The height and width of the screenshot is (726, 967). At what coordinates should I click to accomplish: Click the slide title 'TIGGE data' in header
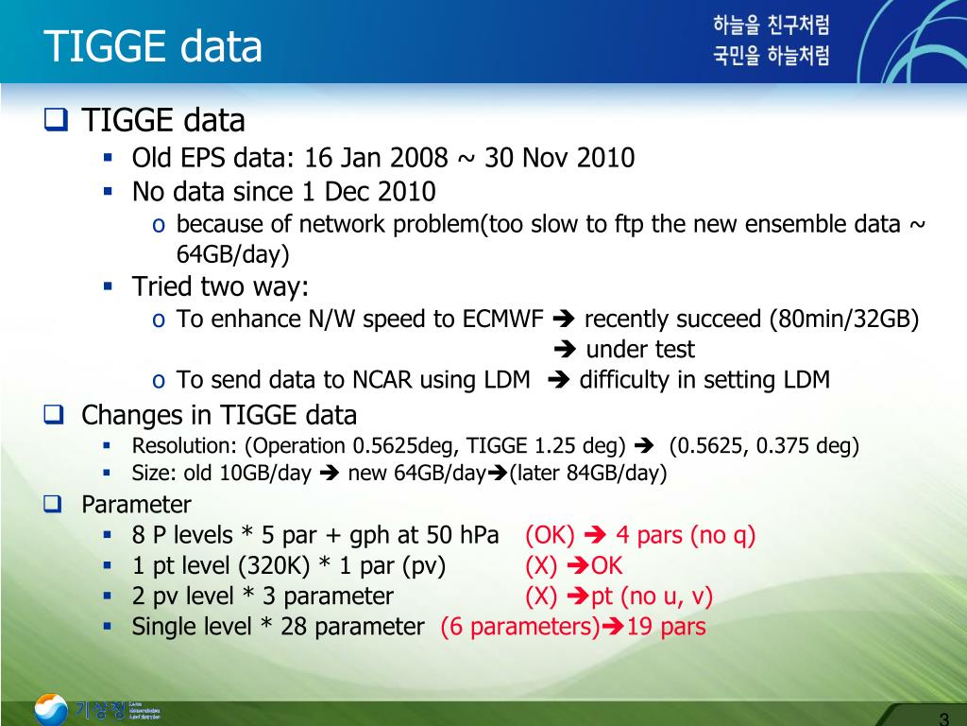tap(154, 45)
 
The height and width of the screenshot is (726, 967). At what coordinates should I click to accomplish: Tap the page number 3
tap(943, 716)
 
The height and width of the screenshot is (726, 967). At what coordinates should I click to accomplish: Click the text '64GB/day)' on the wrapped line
tap(232, 254)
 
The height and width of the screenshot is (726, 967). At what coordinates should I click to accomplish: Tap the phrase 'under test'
tap(640, 350)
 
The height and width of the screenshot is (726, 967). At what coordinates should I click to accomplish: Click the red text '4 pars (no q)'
tap(686, 535)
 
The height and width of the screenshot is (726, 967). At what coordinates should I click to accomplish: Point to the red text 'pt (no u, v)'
tap(652, 596)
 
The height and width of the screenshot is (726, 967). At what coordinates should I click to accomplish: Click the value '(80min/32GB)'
tap(844, 319)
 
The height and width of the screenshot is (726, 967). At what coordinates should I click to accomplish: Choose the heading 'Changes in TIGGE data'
tap(219, 415)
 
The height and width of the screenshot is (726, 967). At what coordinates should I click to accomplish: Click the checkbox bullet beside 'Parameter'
tap(53, 504)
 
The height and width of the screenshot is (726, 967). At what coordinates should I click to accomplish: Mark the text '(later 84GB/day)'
tap(588, 474)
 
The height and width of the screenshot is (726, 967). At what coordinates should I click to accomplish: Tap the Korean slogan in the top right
tap(771, 41)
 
